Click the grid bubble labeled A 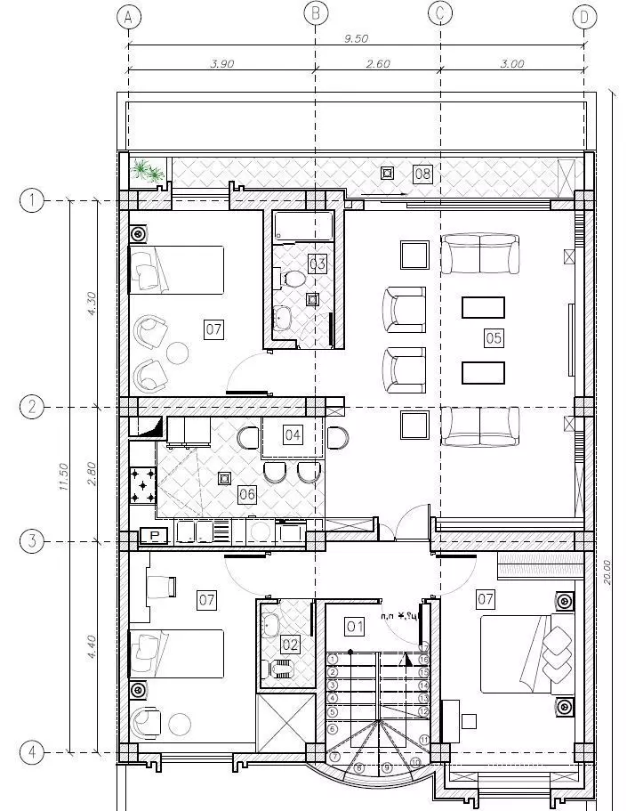click(129, 16)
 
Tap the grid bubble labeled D click(584, 16)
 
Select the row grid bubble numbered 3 click(32, 540)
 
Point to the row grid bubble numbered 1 click(32, 201)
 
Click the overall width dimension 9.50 click(356, 38)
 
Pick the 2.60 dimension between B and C click(378, 63)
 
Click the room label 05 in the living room click(494, 337)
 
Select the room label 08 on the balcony click(422, 174)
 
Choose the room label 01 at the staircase click(355, 627)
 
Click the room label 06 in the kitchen click(247, 495)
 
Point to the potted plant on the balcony click(145, 170)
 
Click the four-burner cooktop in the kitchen click(142, 484)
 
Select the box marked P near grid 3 click(155, 535)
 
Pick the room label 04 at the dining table click(293, 434)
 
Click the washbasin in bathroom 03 click(284, 317)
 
